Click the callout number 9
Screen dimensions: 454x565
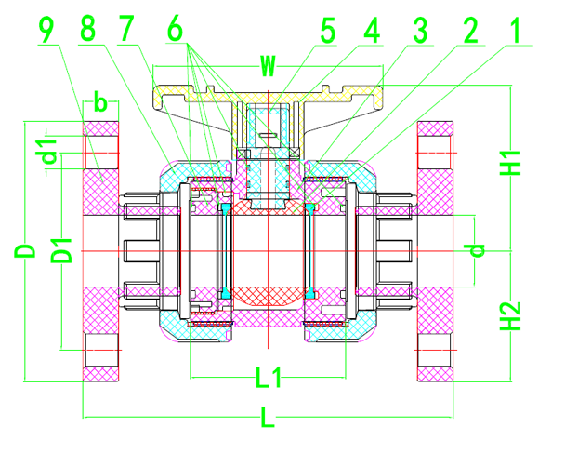48,31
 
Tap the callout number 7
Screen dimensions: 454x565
127,31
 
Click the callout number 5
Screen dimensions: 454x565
326,31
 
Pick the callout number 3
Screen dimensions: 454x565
418,31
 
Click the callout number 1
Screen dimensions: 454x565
510,31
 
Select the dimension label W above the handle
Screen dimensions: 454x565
268,66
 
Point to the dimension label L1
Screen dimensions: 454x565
269,377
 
